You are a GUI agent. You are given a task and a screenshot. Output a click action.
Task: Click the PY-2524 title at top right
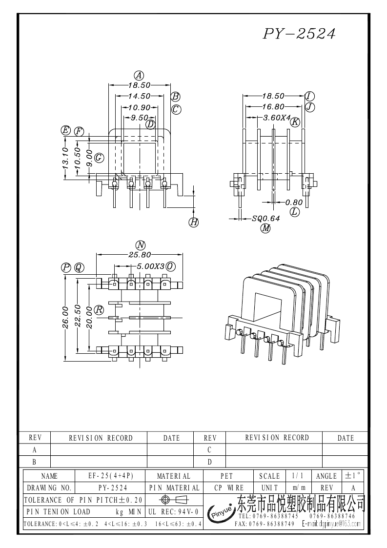coord(299,34)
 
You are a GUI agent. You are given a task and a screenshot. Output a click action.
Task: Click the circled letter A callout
coord(139,76)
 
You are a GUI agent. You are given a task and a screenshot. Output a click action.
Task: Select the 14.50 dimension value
coord(139,97)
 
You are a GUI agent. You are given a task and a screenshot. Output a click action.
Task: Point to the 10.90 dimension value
coord(139,107)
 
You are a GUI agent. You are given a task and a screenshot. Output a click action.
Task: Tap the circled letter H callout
coord(194,223)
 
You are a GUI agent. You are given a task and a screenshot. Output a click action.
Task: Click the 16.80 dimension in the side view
coord(273,107)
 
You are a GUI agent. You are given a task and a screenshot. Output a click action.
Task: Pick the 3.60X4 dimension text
coord(277,118)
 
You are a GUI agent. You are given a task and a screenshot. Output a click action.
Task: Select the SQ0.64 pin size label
coord(266,219)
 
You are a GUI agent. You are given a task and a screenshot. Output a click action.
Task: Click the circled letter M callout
coord(265,228)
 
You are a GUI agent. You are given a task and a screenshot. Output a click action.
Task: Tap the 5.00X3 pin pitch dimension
coord(150,266)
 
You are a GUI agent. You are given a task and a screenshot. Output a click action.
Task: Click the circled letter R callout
coord(99,310)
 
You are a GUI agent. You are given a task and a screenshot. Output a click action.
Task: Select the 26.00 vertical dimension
coord(65,318)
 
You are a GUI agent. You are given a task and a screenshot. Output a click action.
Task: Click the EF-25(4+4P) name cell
coord(110,476)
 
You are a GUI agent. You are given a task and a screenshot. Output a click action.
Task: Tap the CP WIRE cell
coord(229,487)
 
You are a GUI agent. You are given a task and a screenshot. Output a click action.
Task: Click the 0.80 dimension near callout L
coord(294,202)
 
